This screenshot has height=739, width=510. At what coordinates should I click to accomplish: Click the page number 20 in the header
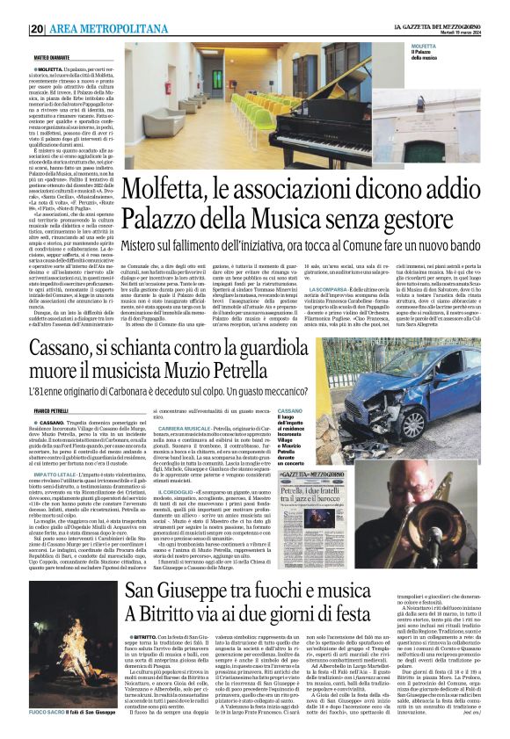[x=38, y=29]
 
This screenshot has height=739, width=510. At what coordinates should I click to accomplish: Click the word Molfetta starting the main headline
[x=171, y=190]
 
